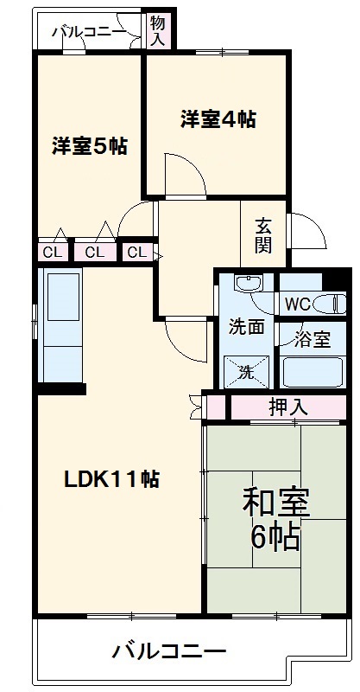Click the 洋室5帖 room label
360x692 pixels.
click(x=89, y=145)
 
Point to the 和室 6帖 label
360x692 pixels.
click(x=275, y=519)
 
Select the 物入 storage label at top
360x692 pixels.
click(x=157, y=31)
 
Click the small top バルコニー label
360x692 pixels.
click(x=87, y=33)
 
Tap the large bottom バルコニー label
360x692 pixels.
click(x=169, y=650)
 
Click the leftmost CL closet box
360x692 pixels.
click(x=51, y=253)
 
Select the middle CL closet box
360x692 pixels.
click(x=95, y=253)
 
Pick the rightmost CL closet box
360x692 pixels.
click(x=135, y=253)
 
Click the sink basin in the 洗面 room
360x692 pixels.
click(x=247, y=285)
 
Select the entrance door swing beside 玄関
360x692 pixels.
click(x=306, y=232)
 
